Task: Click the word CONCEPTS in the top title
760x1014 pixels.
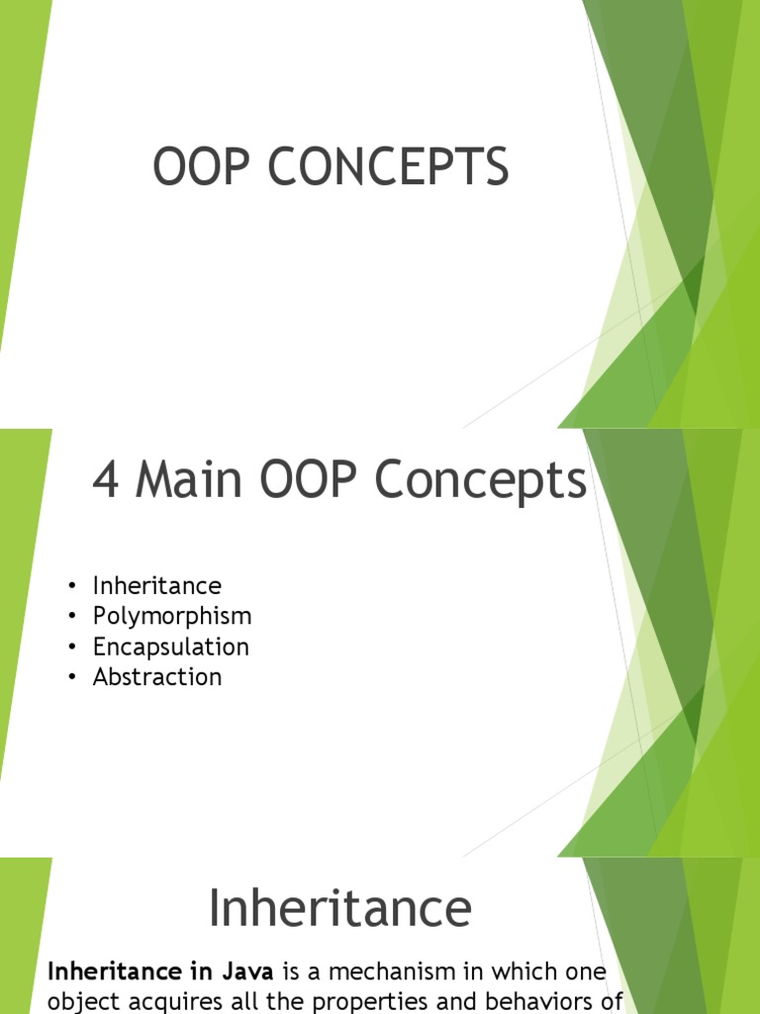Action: (x=390, y=166)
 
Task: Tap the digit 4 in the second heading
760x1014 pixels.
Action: (x=107, y=482)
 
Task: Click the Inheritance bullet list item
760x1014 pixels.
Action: (x=156, y=585)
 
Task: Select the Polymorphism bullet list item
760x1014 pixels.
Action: (x=172, y=616)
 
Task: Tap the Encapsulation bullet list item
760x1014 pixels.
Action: (x=170, y=647)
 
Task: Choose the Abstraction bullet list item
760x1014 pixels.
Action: (x=157, y=677)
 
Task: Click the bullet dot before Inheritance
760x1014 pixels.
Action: (x=73, y=586)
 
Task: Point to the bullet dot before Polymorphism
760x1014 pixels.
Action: (x=73, y=617)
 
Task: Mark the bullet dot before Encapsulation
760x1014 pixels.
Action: (x=73, y=648)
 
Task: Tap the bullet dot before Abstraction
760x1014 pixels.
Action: (x=73, y=678)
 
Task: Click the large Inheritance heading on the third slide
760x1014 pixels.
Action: (x=339, y=909)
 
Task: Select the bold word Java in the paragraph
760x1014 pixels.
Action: (x=247, y=971)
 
